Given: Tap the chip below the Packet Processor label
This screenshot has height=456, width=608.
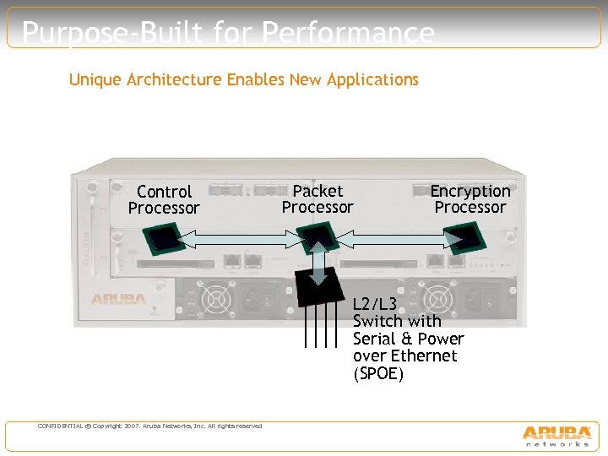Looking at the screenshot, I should tap(319, 237).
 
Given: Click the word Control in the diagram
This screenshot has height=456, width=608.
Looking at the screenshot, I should tap(164, 192).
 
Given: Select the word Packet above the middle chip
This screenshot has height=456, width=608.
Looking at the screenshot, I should tap(318, 191).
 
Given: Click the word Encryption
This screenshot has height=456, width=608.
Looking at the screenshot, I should tap(470, 191).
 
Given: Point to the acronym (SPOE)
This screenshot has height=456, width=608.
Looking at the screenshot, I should tap(378, 373).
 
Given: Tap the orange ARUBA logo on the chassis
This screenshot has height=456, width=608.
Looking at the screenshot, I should tap(118, 299).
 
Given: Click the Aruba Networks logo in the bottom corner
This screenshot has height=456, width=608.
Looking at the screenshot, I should tap(556, 435).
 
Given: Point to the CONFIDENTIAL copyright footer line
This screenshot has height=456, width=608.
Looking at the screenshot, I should tap(149, 426).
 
